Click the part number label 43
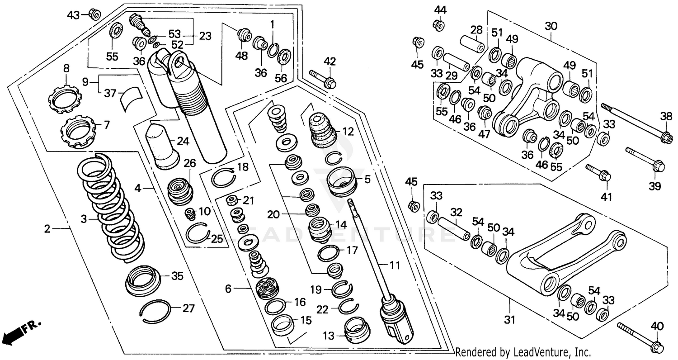(x=72, y=15)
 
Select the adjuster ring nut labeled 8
(x=63, y=96)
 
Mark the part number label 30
(x=551, y=26)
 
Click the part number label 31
(x=510, y=320)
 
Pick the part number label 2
(x=47, y=229)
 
